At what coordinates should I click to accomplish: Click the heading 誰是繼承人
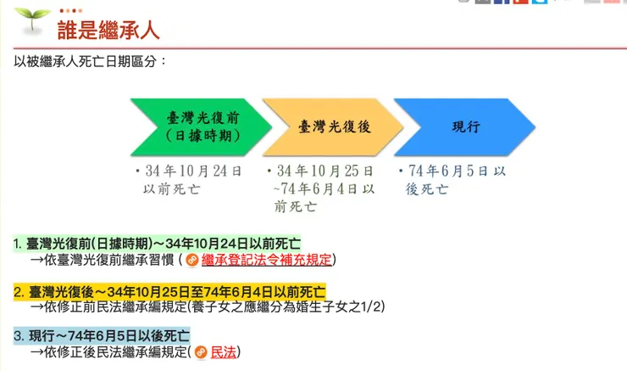click(x=108, y=31)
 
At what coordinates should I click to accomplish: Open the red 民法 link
click(x=223, y=351)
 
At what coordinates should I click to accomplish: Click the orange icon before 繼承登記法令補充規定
click(x=192, y=260)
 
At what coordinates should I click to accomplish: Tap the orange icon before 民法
click(x=201, y=351)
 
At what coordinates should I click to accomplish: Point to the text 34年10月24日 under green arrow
click(x=193, y=171)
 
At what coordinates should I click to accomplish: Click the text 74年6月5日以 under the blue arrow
click(x=456, y=171)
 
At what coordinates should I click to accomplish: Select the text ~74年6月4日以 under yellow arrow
click(x=324, y=188)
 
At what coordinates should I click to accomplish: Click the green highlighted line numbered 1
click(x=157, y=243)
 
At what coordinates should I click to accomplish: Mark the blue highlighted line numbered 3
click(x=102, y=334)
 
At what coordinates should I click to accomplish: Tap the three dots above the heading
click(x=70, y=10)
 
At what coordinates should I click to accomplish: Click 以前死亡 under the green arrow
click(x=172, y=188)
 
